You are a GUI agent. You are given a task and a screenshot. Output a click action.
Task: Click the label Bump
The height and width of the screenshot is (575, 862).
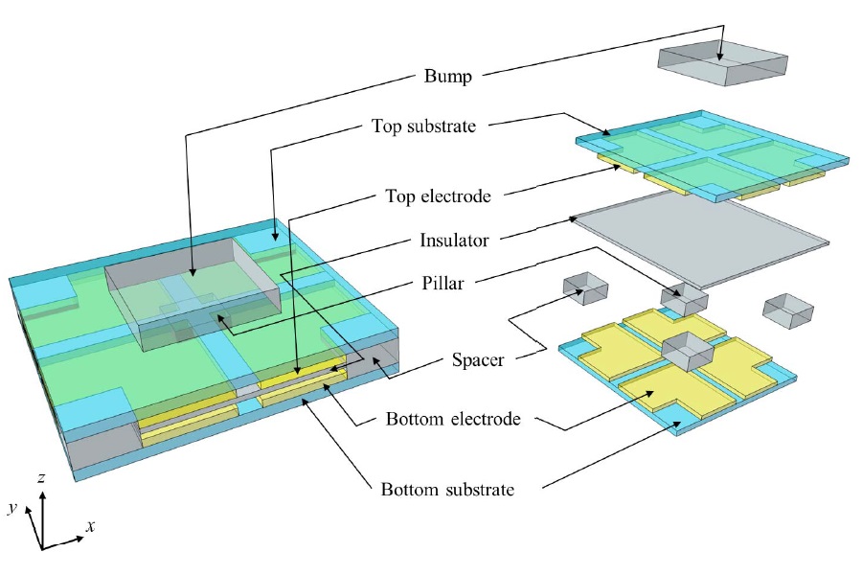click(449, 77)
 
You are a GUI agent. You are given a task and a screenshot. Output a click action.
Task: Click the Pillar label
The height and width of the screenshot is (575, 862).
click(449, 285)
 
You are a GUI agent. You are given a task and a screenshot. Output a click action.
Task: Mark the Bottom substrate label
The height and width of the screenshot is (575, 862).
click(447, 490)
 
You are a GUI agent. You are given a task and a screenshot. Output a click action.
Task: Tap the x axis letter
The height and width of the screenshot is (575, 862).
click(89, 526)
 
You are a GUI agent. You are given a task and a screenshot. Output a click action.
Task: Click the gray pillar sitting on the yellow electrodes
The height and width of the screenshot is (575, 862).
click(688, 352)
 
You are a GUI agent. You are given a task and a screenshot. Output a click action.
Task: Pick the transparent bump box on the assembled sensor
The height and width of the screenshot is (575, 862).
click(192, 297)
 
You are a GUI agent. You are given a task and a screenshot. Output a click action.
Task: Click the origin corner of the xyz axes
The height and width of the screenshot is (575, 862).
click(42, 547)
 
